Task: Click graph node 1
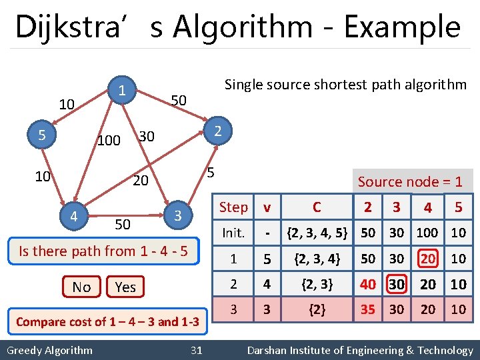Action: point(121,89)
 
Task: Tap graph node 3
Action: point(177,215)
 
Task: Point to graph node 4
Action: point(74,215)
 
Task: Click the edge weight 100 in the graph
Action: point(108,141)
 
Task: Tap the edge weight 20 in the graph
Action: point(140,181)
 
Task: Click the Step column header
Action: point(233,207)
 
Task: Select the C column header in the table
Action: point(317,207)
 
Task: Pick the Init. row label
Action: point(233,233)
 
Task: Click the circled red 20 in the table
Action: point(427,258)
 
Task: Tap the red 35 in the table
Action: point(367,309)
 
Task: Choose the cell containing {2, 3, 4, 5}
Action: point(317,233)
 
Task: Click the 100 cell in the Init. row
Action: point(427,233)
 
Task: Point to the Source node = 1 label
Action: point(409,181)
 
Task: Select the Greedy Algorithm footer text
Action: point(49,350)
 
